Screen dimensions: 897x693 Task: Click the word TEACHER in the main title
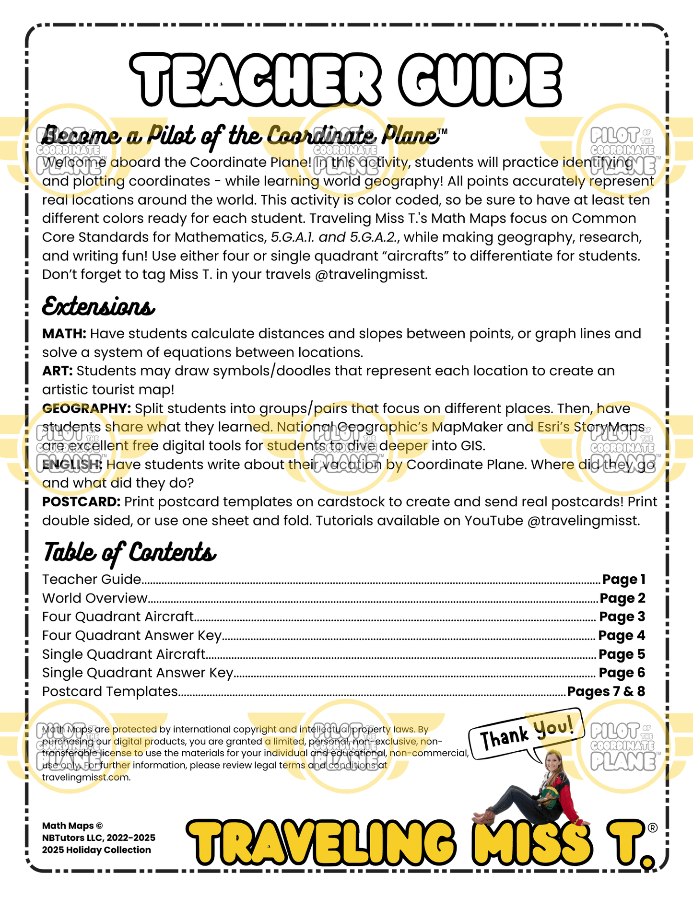pyautogui.click(x=255, y=80)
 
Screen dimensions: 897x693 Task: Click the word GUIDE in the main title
pyautogui.click(x=480, y=80)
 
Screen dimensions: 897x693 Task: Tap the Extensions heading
pyautogui.click(x=98, y=306)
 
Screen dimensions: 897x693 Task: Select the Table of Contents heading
pyautogui.click(x=129, y=552)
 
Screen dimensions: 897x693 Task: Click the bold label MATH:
pyautogui.click(x=64, y=334)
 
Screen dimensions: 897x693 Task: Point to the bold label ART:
pyautogui.click(x=58, y=371)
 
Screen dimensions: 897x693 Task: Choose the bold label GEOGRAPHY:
pyautogui.click(x=87, y=408)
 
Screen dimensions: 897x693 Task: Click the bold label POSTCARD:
pyautogui.click(x=81, y=502)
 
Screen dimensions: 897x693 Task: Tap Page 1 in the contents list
pyautogui.click(x=623, y=580)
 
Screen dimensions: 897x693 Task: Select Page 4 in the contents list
pyautogui.click(x=622, y=636)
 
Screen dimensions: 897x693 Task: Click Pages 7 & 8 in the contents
pyautogui.click(x=606, y=692)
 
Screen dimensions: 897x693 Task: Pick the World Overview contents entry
pyautogui.click(x=95, y=598)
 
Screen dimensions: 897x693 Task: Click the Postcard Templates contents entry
pyautogui.click(x=110, y=692)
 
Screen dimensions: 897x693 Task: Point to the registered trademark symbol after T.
pyautogui.click(x=652, y=828)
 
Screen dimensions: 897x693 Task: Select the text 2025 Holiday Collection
pyautogui.click(x=96, y=850)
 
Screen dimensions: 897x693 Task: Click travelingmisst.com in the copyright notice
pyautogui.click(x=86, y=777)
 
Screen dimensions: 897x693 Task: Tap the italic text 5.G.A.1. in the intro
pyautogui.click(x=293, y=237)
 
